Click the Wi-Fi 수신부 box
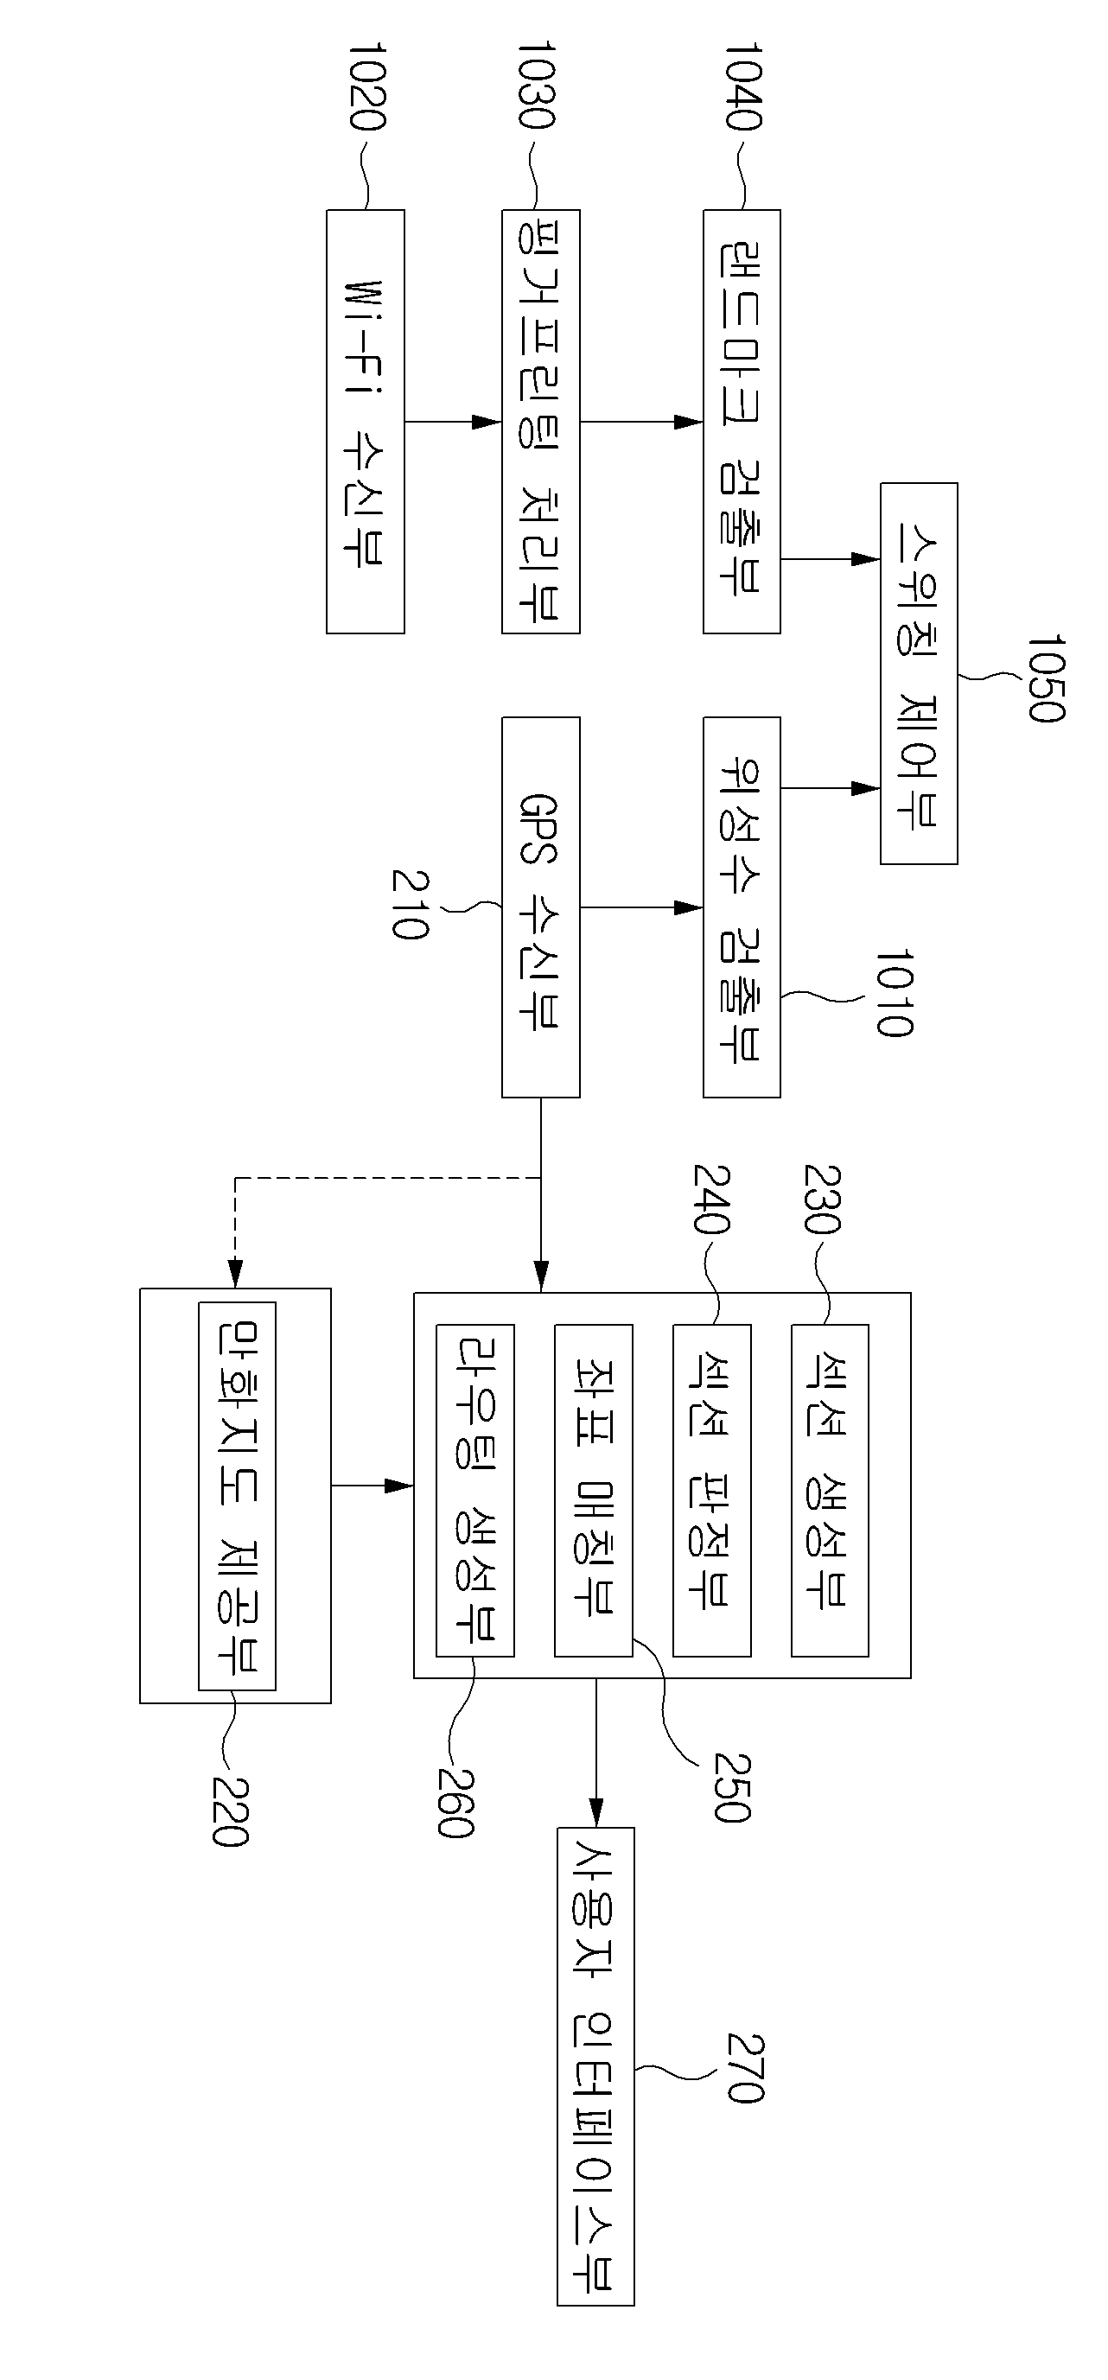click(x=365, y=422)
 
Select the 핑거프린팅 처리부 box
click(x=540, y=422)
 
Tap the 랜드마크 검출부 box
click(x=742, y=422)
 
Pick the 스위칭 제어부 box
click(x=919, y=672)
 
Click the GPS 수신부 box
click(x=540, y=907)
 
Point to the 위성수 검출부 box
click(x=742, y=907)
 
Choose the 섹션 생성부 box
click(x=830, y=1490)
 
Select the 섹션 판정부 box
click(x=711, y=1490)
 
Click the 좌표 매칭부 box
click(x=593, y=1490)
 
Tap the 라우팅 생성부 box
click(x=475, y=1490)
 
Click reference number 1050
click(x=1046, y=678)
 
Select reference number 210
click(x=409, y=904)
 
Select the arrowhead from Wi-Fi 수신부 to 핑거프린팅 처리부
click(x=487, y=422)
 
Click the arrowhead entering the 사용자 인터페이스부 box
click(x=596, y=1812)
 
